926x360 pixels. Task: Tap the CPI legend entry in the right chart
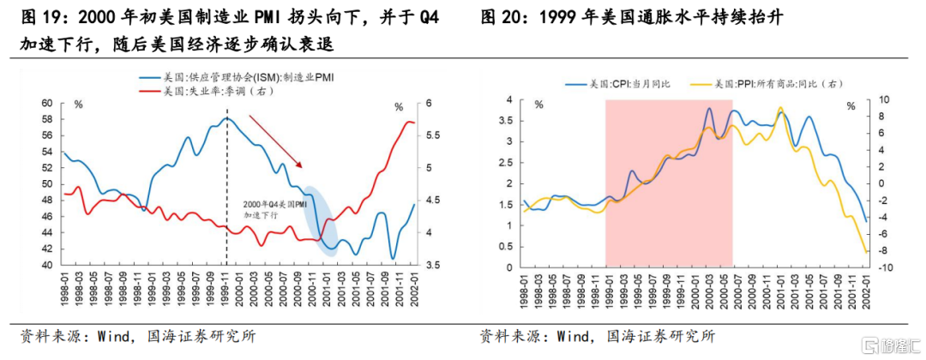(x=618, y=84)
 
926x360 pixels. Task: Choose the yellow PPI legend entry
(x=766, y=84)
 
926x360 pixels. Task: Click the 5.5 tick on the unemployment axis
(x=425, y=135)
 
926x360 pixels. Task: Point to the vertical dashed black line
(x=226, y=188)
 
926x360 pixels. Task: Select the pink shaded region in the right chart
(x=669, y=183)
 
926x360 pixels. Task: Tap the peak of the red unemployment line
(x=409, y=122)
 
